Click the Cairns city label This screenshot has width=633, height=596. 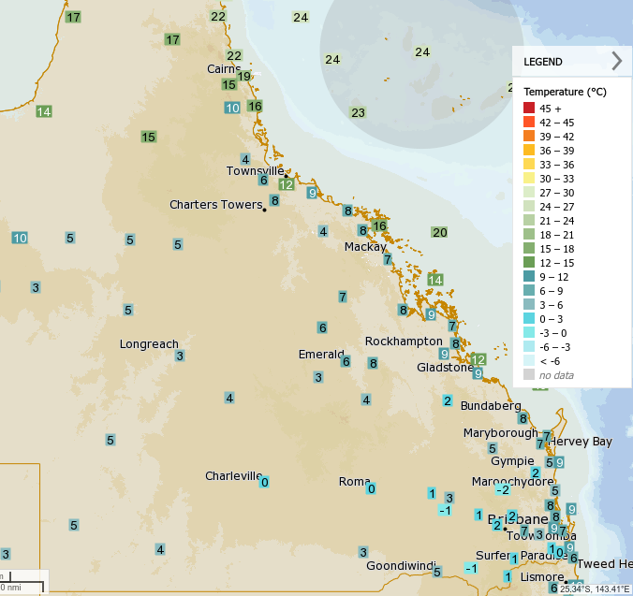[x=224, y=69]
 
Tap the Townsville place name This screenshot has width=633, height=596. [x=255, y=170]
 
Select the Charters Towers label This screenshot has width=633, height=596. [x=214, y=204]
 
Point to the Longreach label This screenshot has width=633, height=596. [x=149, y=343]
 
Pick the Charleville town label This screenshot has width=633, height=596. [x=233, y=475]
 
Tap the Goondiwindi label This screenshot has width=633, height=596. [x=402, y=565]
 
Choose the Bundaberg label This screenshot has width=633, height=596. [x=491, y=406]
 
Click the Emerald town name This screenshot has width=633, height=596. [x=322, y=355]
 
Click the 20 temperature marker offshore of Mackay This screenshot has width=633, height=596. [x=440, y=232]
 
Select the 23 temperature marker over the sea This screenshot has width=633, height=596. [x=358, y=112]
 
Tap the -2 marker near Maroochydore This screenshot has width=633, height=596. [x=503, y=489]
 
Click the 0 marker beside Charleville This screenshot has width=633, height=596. [x=264, y=482]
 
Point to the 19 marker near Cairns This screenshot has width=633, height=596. [x=243, y=76]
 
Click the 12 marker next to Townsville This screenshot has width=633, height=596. [x=287, y=184]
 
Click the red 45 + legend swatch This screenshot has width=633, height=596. [x=529, y=109]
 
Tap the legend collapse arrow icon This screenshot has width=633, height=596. [x=616, y=62]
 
